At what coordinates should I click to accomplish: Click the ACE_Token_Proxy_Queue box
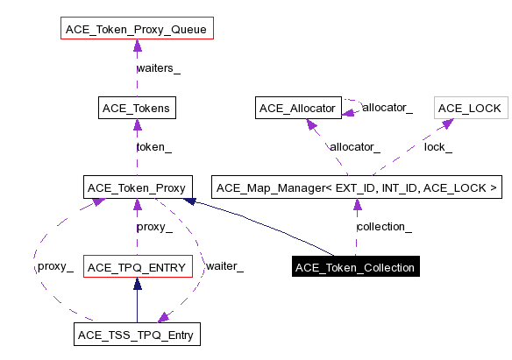tap(138, 30)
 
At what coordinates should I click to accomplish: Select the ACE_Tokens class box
tap(138, 109)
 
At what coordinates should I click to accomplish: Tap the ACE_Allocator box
tap(298, 109)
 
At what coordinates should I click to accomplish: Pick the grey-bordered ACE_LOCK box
tap(470, 109)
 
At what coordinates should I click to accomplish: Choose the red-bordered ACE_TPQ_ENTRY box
tap(137, 266)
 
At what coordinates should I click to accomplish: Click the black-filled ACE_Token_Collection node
tap(355, 266)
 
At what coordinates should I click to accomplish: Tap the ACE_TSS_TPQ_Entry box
tap(137, 334)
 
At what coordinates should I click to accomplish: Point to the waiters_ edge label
tap(159, 68)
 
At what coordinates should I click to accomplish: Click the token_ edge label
tap(153, 147)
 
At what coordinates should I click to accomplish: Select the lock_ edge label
tap(438, 147)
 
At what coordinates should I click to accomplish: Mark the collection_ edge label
tap(384, 226)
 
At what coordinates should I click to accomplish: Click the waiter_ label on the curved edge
tap(224, 265)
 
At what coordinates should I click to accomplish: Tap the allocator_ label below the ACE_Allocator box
tap(354, 147)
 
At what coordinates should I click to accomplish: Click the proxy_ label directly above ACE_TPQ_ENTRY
tap(153, 226)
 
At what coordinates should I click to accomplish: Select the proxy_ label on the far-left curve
tap(54, 265)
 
